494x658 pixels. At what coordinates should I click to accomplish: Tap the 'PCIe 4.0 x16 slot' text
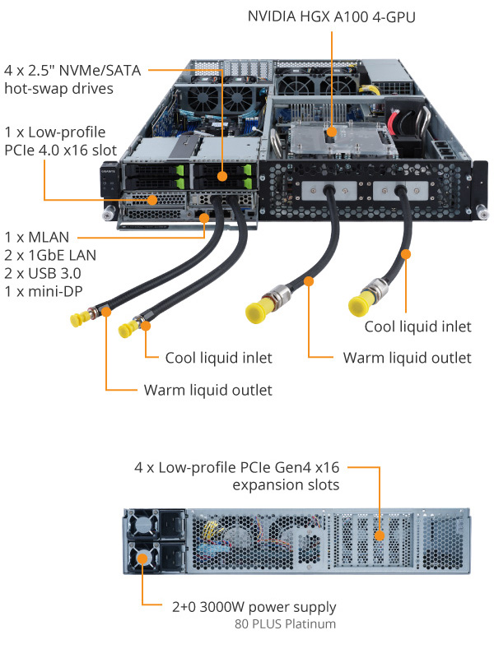60,150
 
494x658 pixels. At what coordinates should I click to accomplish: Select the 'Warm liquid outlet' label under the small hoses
207,390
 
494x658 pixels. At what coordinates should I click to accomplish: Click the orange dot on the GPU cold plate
331,131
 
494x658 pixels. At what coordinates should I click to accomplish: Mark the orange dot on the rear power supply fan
142,559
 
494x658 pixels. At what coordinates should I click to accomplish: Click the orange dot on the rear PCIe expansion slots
379,537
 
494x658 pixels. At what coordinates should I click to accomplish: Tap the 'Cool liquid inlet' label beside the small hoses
218,358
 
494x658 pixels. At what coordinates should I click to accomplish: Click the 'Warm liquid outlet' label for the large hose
407,358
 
